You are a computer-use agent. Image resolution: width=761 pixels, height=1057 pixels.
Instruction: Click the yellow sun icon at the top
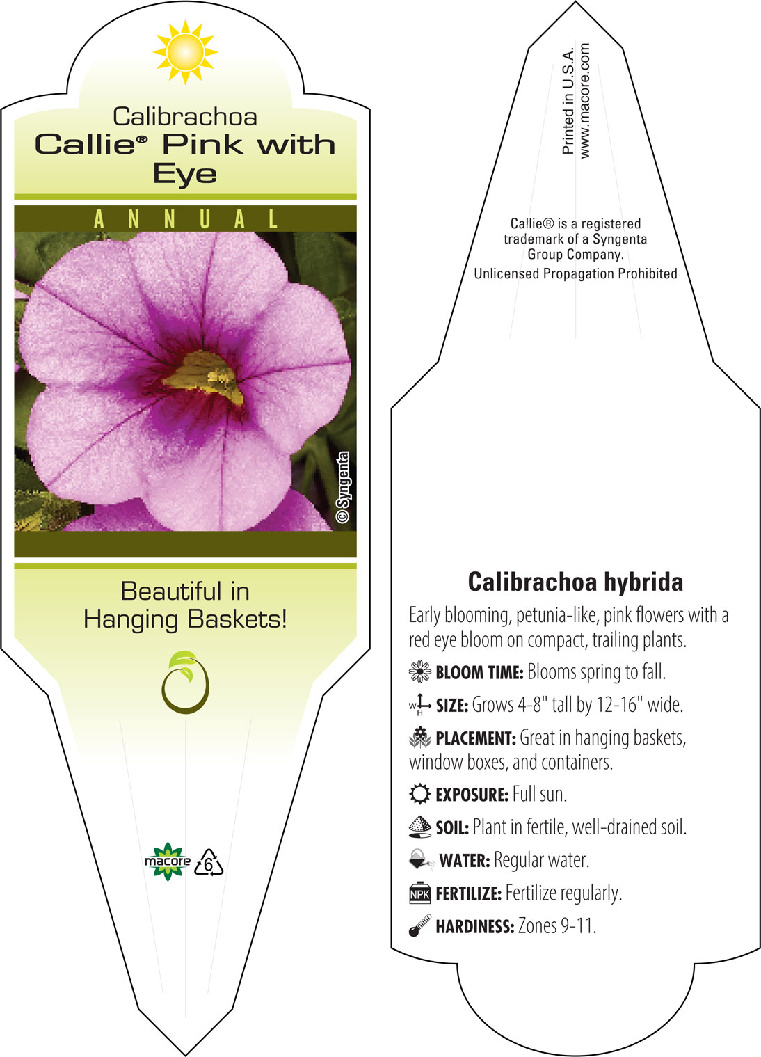(x=185, y=52)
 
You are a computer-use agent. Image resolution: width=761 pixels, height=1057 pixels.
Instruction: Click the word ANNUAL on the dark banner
(x=186, y=219)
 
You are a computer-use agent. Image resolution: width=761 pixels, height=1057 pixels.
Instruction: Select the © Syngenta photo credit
(x=343, y=487)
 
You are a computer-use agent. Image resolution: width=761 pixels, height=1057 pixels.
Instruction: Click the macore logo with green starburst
(x=168, y=861)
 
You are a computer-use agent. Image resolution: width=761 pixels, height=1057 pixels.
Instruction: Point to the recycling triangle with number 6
(x=209, y=863)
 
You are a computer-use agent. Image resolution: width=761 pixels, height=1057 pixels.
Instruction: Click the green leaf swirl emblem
(x=185, y=681)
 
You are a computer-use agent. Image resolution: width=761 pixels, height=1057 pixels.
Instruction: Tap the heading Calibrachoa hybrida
(x=575, y=581)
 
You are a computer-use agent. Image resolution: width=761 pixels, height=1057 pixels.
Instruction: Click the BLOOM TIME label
(x=479, y=672)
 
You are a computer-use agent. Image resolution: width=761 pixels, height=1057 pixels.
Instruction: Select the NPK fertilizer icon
(x=420, y=893)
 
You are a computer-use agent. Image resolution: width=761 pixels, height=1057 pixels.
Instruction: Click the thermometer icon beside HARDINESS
(x=420, y=925)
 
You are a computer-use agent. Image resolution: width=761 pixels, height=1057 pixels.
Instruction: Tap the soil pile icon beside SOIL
(x=420, y=827)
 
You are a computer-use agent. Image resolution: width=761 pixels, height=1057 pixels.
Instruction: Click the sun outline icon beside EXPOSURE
(x=420, y=794)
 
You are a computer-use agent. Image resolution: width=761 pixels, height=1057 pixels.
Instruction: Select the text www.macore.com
(x=584, y=101)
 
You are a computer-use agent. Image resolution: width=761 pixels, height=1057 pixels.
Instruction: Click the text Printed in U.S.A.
(x=568, y=100)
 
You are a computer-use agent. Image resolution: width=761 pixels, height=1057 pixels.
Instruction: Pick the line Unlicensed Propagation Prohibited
(x=575, y=273)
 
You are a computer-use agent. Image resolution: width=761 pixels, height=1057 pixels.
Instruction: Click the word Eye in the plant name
(x=185, y=174)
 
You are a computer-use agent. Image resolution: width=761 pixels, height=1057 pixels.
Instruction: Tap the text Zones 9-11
(x=557, y=925)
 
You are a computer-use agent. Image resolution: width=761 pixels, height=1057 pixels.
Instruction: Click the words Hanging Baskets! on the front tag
(x=186, y=619)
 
